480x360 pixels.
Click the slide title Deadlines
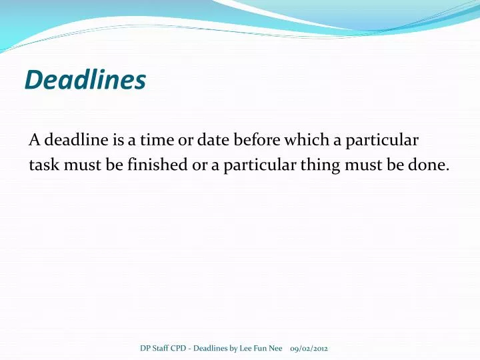click(x=85, y=81)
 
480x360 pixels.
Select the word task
click(x=44, y=165)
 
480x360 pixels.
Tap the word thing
click(x=319, y=165)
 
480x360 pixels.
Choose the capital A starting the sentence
click(x=34, y=141)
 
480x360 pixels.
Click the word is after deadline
click(x=114, y=141)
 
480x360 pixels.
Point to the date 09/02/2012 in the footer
click(x=309, y=349)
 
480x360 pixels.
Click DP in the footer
click(x=145, y=349)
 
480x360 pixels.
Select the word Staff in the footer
click(x=161, y=349)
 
